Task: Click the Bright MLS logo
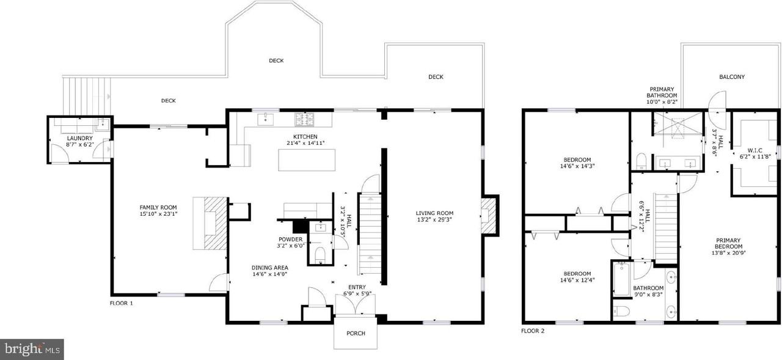click(32, 349)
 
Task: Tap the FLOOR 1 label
click(121, 303)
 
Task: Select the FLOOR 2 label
click(532, 331)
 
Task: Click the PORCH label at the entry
click(356, 333)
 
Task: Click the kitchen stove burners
click(304, 117)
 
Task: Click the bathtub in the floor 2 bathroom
click(623, 279)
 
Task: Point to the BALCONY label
click(731, 77)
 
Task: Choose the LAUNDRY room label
click(79, 138)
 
